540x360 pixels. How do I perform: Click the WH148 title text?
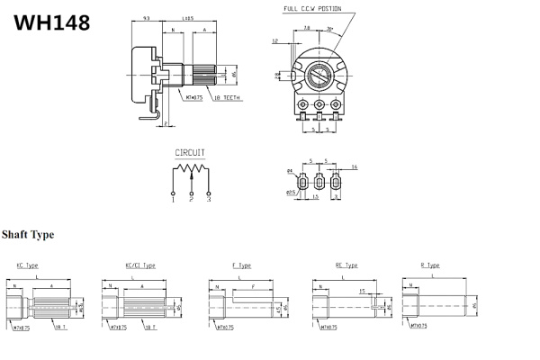[x=52, y=22]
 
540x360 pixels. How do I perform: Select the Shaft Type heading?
[x=28, y=235]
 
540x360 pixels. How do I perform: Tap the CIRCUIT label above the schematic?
[x=190, y=153]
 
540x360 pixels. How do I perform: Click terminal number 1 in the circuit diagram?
[x=173, y=201]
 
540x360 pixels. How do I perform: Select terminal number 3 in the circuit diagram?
[x=208, y=201]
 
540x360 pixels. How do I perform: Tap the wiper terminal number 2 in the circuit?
[x=191, y=201]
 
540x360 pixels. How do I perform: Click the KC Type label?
[x=27, y=265]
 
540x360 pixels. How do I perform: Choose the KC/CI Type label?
[x=140, y=265]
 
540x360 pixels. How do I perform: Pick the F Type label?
[x=241, y=265]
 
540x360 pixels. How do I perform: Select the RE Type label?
[x=346, y=265]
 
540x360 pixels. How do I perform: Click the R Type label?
[x=430, y=265]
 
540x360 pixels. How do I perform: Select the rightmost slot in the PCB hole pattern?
[x=337, y=182]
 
